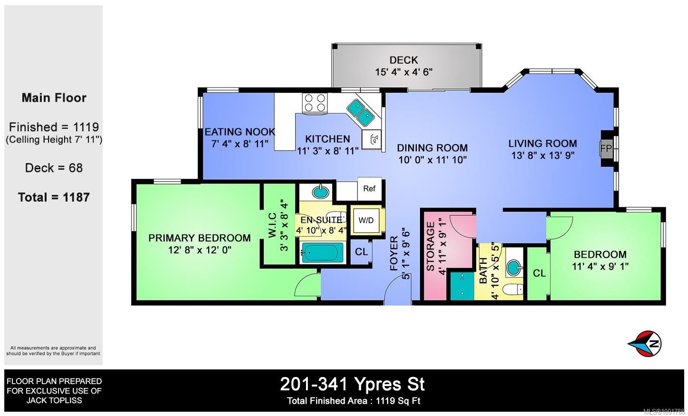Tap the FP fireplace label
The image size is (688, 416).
point(606,148)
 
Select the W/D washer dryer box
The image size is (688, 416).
point(366,220)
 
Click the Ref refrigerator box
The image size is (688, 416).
point(370,188)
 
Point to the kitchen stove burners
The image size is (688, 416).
point(315,103)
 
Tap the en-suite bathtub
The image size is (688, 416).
point(323,252)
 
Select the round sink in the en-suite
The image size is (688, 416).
point(321,192)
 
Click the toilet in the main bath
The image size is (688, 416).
point(513,289)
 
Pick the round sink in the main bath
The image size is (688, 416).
point(514,268)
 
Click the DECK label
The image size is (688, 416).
point(403,60)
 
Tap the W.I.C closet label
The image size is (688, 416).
point(272,225)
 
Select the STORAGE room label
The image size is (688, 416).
point(430,246)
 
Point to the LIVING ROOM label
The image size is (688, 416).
point(543,144)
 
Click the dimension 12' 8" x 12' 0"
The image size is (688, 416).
point(200,250)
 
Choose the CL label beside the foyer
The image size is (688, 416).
point(361,252)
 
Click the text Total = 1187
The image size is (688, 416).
point(54,197)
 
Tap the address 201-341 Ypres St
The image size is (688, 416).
point(352,384)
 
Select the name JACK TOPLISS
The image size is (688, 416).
point(54,401)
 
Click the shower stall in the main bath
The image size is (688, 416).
point(462,286)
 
